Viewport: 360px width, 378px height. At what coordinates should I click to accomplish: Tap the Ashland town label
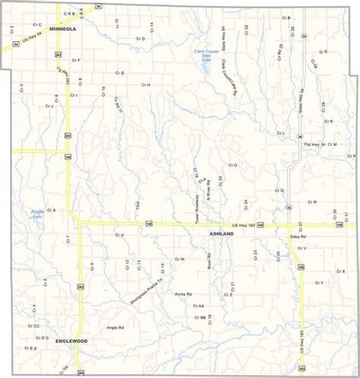tap(222, 235)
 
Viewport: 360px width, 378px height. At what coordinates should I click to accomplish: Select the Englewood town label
tap(71, 341)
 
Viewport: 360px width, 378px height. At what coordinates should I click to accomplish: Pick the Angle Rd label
tap(115, 327)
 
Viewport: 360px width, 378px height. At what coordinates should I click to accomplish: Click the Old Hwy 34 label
tap(314, 144)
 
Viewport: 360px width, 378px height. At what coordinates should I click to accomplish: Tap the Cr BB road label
tap(201, 317)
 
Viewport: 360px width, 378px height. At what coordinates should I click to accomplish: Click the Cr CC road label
tap(34, 326)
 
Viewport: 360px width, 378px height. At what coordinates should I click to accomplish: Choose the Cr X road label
tap(339, 271)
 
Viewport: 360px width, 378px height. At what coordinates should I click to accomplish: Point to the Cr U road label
tap(119, 235)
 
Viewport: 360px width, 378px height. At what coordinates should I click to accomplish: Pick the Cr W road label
tap(180, 260)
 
